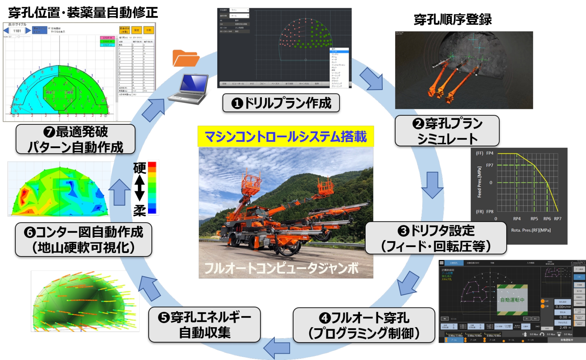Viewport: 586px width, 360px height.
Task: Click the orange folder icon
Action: click(x=186, y=58)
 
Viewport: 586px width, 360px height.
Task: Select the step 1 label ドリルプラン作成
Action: click(x=281, y=103)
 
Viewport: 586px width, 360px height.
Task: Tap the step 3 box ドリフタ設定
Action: click(x=436, y=238)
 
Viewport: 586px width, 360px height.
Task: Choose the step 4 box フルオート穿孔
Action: click(x=364, y=325)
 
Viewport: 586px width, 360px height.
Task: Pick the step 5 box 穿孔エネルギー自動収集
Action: click(x=204, y=325)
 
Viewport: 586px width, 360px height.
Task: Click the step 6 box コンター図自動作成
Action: click(x=84, y=240)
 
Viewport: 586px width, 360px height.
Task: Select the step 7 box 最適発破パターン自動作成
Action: click(x=75, y=139)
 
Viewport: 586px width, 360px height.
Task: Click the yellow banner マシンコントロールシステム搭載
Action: click(x=286, y=137)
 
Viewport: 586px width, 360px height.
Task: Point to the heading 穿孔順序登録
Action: click(x=453, y=19)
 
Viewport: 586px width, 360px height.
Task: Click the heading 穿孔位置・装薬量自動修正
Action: click(x=83, y=12)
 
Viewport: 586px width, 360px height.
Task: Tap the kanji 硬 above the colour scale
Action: click(x=139, y=168)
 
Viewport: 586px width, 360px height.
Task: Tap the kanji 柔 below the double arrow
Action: click(x=139, y=211)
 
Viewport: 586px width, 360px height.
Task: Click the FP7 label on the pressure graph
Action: click(x=489, y=165)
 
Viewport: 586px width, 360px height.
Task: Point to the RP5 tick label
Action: click(x=534, y=219)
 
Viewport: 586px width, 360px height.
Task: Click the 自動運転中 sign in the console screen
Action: click(x=512, y=300)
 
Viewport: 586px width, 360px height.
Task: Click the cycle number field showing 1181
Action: click(x=17, y=31)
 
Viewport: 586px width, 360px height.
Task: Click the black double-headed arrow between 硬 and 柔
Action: click(x=139, y=188)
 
